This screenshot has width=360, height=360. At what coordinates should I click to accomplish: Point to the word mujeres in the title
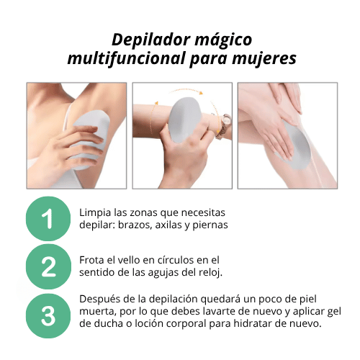click(261, 59)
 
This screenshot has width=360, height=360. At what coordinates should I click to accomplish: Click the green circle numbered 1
click(48, 219)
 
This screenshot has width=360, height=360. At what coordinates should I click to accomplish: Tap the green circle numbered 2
click(48, 266)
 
